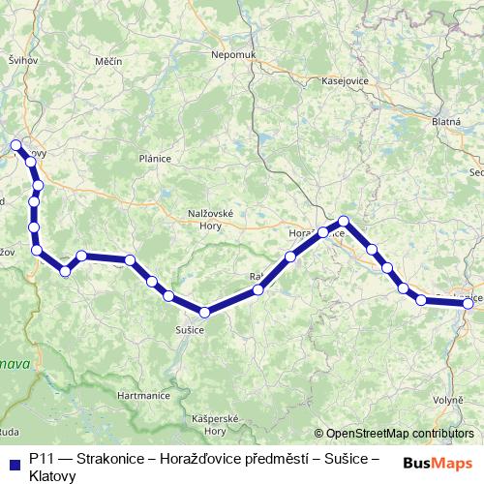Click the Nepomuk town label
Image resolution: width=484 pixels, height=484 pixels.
coord(232,55)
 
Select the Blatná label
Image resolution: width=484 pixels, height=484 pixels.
coord(445,123)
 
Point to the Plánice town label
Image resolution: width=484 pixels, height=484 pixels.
coord(155,158)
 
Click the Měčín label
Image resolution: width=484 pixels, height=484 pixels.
coord(108,61)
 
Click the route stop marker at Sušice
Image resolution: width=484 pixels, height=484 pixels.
coord(204,312)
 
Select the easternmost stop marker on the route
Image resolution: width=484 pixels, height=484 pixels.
coord(469,303)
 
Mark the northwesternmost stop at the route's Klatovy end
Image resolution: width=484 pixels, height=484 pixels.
coord(15,145)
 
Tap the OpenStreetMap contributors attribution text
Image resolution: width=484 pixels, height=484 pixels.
coord(399,434)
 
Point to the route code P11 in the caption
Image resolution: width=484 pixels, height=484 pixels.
coord(42,460)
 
